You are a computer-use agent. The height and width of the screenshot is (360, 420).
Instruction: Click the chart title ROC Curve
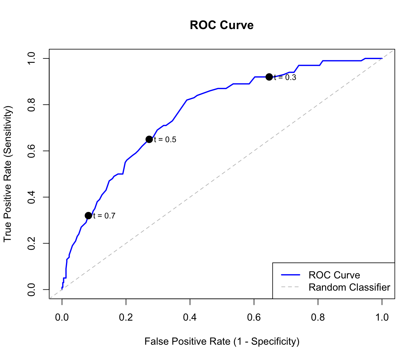pos(222,25)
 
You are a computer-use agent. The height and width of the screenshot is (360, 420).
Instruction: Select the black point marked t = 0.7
pos(88,216)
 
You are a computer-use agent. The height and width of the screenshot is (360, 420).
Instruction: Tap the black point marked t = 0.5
pos(149,139)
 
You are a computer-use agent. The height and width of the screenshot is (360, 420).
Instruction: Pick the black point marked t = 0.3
pos(269,77)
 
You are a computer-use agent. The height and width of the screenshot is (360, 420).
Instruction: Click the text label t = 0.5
pos(165,140)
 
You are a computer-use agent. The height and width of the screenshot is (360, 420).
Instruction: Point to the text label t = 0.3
pos(285,77)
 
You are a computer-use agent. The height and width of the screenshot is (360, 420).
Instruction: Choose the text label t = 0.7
pos(104,216)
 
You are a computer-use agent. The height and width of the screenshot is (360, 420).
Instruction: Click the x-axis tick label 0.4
pos(190,317)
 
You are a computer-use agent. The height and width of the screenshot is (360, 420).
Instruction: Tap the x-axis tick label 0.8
pos(318,317)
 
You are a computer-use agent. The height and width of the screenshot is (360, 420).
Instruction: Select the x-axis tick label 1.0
pos(382,317)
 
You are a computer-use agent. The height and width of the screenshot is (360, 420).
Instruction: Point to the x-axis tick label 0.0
pos(62,317)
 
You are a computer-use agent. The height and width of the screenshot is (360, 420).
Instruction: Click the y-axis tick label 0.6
pos(31,151)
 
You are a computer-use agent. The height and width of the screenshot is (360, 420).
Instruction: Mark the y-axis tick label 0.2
pos(31,243)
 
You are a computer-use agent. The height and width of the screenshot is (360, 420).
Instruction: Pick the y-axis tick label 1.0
pos(31,58)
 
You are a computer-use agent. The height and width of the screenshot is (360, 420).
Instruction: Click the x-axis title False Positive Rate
pos(222,342)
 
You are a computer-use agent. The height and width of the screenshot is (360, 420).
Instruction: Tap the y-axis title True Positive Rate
pos(7,174)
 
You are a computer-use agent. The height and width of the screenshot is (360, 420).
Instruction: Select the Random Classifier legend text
pos(349,287)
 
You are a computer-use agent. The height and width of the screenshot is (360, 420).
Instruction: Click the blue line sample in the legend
pos(291,275)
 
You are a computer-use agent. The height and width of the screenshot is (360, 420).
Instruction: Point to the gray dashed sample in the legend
pos(291,287)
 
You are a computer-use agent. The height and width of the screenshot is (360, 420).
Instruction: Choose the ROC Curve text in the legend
pos(334,275)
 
